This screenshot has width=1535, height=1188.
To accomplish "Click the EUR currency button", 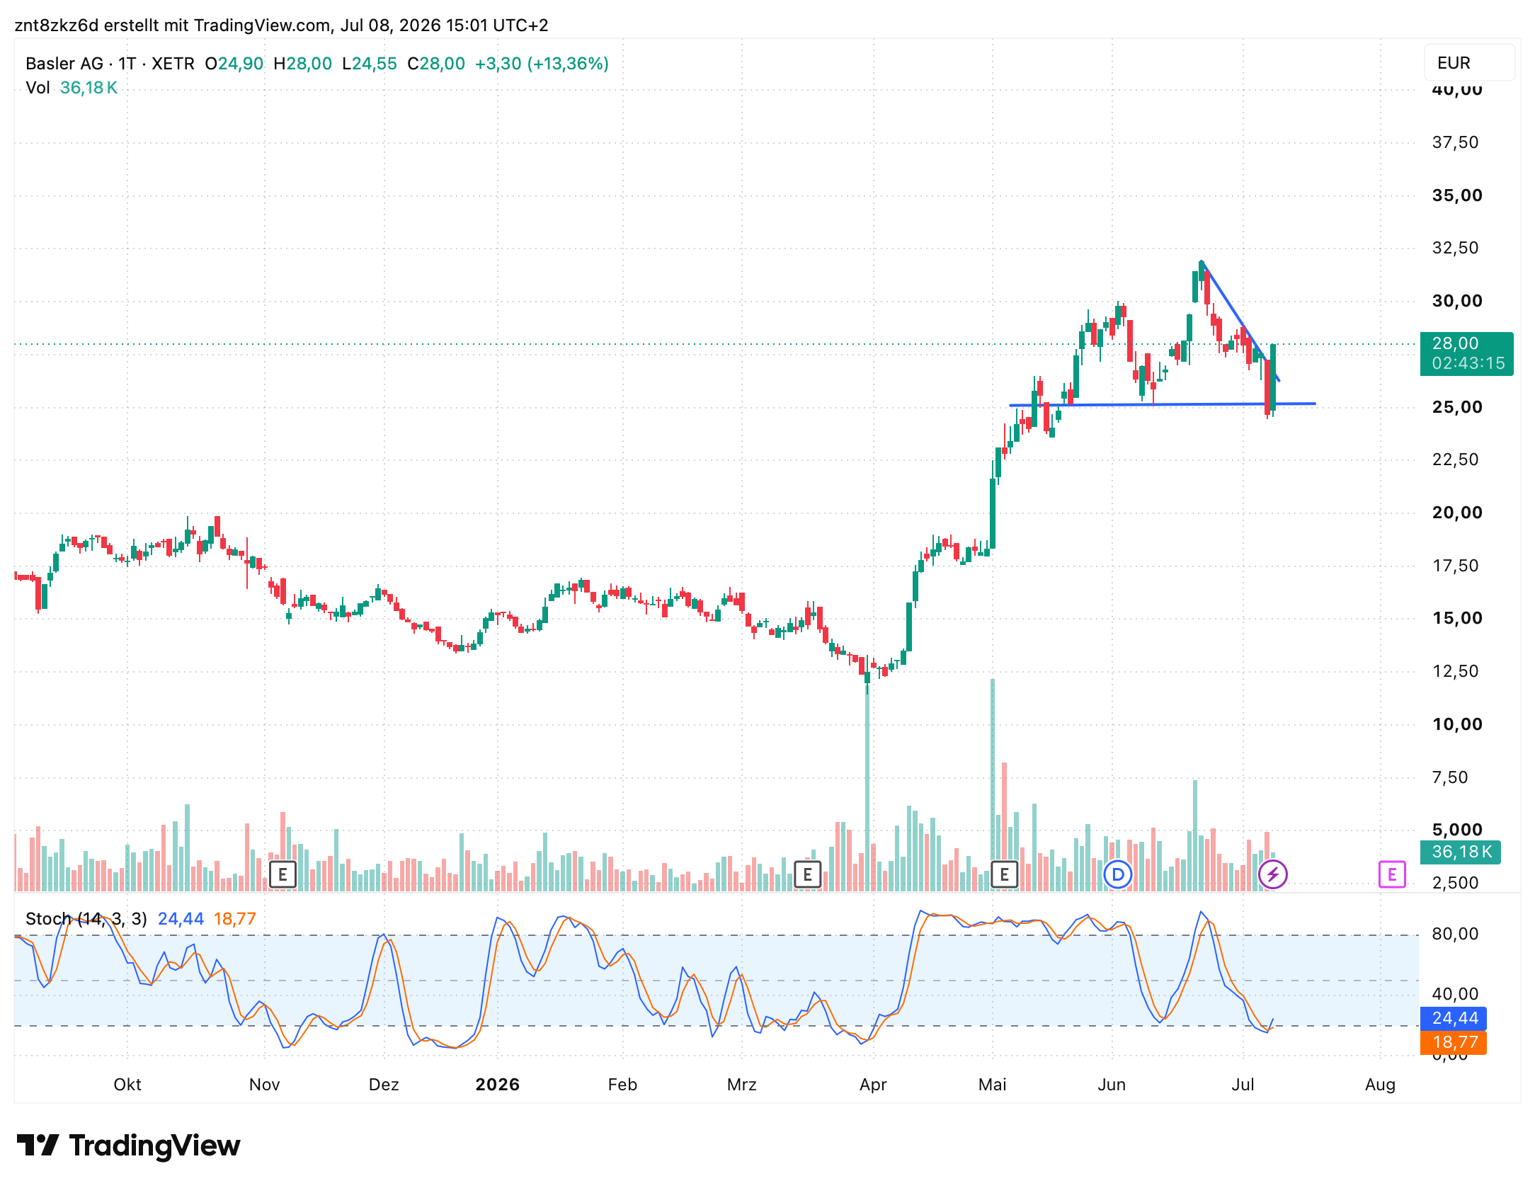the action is pos(1468,63).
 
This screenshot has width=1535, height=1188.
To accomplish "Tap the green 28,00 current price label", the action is pos(1466,353).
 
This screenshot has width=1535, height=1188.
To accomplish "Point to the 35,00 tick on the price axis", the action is pos(1457,195).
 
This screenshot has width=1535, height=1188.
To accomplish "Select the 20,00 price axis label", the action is pos(1457,513).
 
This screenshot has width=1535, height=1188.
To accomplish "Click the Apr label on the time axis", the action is pos(873,1085).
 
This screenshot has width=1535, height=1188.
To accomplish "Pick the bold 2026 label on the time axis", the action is pos(497,1085).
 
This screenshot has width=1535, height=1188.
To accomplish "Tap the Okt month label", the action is pos(127,1085).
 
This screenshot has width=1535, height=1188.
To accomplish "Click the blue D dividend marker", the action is pos(1118,874).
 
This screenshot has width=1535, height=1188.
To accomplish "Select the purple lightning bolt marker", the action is pos(1272,874).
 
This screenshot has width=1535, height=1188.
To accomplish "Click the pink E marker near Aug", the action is pos(1391,874).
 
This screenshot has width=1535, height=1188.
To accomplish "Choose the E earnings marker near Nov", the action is pos(283,874).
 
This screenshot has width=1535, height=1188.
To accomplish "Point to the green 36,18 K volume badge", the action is pos(1461,852).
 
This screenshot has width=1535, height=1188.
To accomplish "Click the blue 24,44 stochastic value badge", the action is pos(1454,1018).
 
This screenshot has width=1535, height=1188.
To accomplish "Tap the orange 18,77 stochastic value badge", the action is pos(1454,1042).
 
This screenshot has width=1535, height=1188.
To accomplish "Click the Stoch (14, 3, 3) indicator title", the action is pos(86,919).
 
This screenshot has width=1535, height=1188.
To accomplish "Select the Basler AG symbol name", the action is pos(64,64).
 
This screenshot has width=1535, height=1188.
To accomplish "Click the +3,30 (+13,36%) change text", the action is pos(542,64).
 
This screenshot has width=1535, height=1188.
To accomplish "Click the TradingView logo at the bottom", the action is pos(128,1146).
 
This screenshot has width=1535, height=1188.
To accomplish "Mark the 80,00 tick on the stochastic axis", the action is pos(1455,934).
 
